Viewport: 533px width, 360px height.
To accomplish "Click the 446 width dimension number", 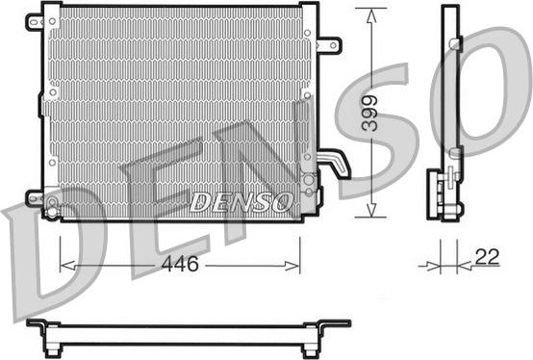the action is pos(180,264).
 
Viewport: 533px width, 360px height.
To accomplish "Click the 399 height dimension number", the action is pos(369,114).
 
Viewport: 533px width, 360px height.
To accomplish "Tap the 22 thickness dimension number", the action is pos(487,257).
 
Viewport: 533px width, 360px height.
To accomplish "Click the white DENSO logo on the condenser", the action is pos(241,202).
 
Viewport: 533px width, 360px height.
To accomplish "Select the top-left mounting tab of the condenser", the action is pos(35,22).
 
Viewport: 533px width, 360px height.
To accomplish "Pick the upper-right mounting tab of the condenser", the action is pos(330,45).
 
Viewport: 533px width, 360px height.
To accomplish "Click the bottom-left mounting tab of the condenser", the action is pos(35,198).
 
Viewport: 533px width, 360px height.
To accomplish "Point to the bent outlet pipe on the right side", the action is pos(335,163).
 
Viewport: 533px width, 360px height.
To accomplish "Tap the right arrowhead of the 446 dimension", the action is pos(292,266).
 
